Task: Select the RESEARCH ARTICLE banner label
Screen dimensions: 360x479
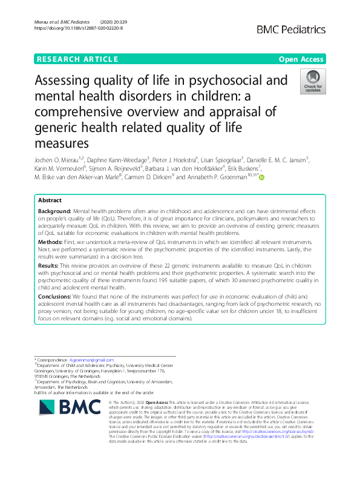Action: (x=77, y=59)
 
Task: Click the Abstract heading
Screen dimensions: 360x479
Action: (x=50, y=199)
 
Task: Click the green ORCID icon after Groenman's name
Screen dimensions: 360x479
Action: (x=261, y=177)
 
